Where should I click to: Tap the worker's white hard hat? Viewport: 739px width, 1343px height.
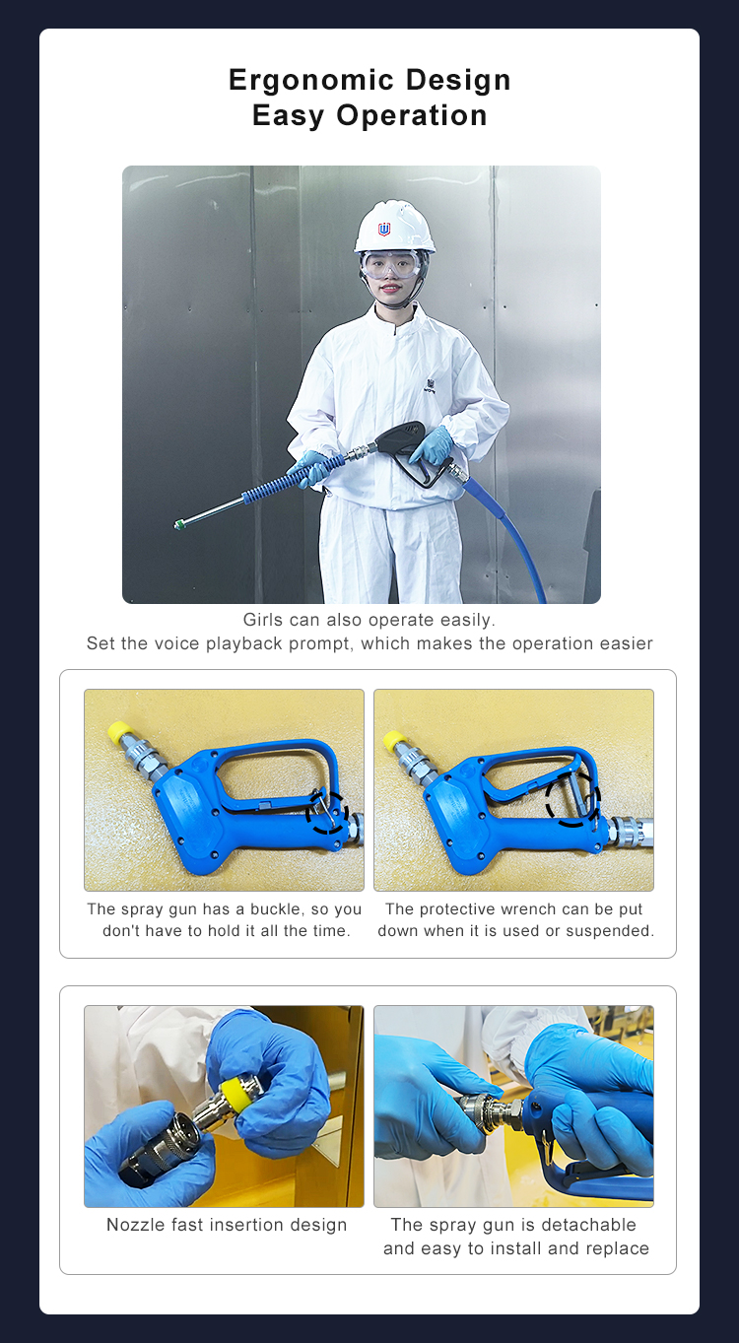tap(394, 226)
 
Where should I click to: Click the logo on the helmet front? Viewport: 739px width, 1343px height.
tap(384, 230)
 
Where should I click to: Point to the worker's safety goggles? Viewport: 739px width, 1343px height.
tap(392, 263)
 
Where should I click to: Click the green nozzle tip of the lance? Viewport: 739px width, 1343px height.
tap(179, 525)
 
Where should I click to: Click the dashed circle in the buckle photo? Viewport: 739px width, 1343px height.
tap(327, 811)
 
